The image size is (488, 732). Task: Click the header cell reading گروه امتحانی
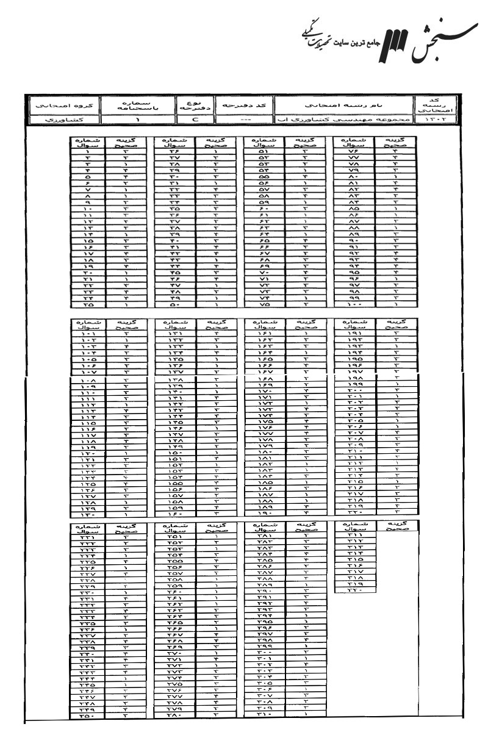(x=59, y=105)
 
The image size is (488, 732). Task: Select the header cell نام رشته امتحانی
(x=343, y=105)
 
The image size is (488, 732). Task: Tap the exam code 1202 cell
(x=431, y=120)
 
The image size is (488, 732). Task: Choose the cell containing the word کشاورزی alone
(x=59, y=120)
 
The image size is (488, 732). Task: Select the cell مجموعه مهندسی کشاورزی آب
(x=343, y=120)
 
